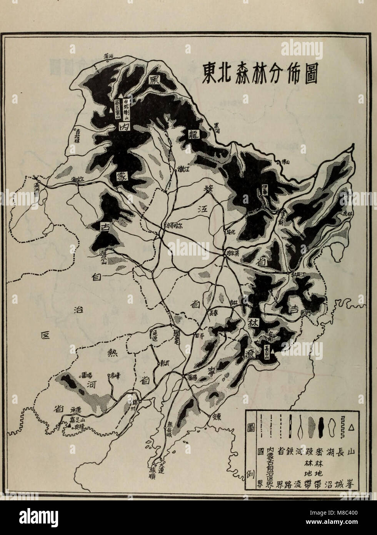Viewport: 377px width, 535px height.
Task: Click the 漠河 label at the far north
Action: [x=109, y=57]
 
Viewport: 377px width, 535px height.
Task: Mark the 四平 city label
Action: [x=199, y=336]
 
